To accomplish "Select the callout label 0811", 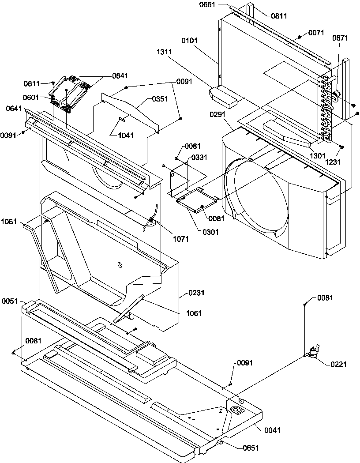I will click(x=279, y=16).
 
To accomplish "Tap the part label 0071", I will click(x=316, y=33).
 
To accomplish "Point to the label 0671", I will click(x=341, y=38).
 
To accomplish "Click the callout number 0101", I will click(x=190, y=41).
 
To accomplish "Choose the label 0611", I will click(x=31, y=83).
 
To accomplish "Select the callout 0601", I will click(x=31, y=98).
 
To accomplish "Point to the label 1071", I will click(x=181, y=239).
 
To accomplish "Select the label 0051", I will click(x=10, y=301).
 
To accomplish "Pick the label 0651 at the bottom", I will click(x=251, y=448).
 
